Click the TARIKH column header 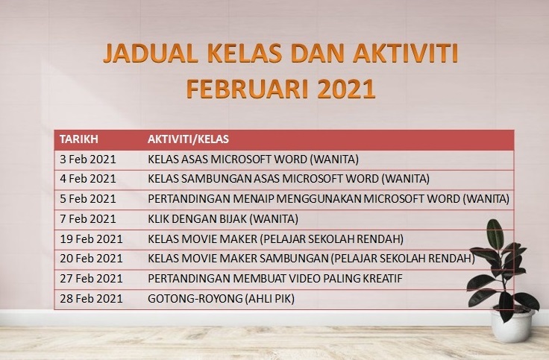pyautogui.click(x=79, y=139)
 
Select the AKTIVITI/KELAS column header pyautogui.click(x=188, y=139)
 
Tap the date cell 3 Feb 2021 pyautogui.click(x=87, y=160)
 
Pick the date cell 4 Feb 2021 pyautogui.click(x=87, y=179)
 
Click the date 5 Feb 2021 pyautogui.click(x=87, y=199)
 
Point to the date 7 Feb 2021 pyautogui.click(x=87, y=219)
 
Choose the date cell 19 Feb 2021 pyautogui.click(x=91, y=239)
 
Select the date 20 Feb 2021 pyautogui.click(x=91, y=259)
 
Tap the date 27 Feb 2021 pyautogui.click(x=91, y=279)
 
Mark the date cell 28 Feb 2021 pyautogui.click(x=91, y=299)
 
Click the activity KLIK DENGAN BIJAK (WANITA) pyautogui.click(x=223, y=219)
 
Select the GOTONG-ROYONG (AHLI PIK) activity pyautogui.click(x=221, y=299)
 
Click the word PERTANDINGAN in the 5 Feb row pyautogui.click(x=189, y=199)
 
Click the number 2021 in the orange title pyautogui.click(x=346, y=89)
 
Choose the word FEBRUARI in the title pyautogui.click(x=248, y=89)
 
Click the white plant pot pyautogui.click(x=512, y=326)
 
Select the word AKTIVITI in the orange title pyautogui.click(x=406, y=54)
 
